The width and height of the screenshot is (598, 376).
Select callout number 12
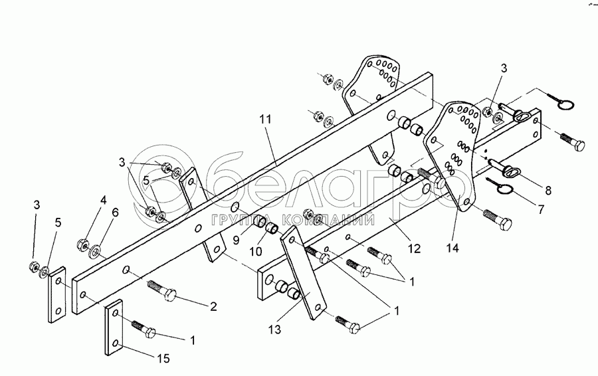(414, 248)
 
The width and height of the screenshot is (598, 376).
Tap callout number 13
(275, 329)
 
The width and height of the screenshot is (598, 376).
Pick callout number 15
(163, 358)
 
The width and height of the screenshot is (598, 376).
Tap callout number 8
(548, 190)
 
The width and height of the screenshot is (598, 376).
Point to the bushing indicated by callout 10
(272, 230)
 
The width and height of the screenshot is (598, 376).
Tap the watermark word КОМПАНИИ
(328, 221)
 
